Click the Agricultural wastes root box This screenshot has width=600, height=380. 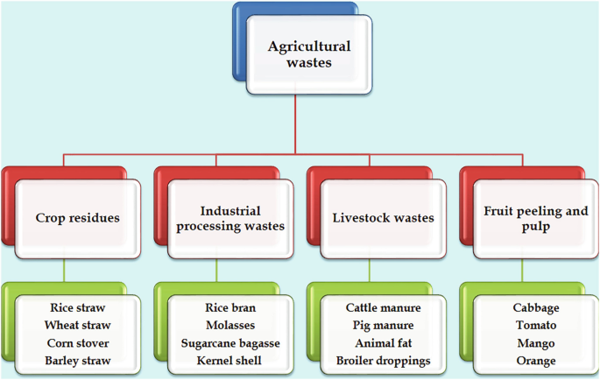click(x=309, y=54)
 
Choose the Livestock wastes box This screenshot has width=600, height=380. click(x=384, y=218)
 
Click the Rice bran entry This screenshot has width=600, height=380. click(x=229, y=308)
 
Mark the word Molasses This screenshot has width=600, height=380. click(x=229, y=326)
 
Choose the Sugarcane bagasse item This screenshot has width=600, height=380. click(x=229, y=343)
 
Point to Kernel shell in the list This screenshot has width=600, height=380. click(x=229, y=361)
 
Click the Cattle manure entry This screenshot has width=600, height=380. click(x=383, y=308)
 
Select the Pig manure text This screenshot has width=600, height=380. click(x=383, y=326)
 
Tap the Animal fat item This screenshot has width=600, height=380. click(x=383, y=343)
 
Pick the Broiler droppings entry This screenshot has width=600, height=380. click(x=383, y=361)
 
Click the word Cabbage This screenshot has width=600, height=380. click(x=535, y=308)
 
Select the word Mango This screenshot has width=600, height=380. click(x=535, y=343)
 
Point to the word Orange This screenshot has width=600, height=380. click(x=535, y=361)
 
